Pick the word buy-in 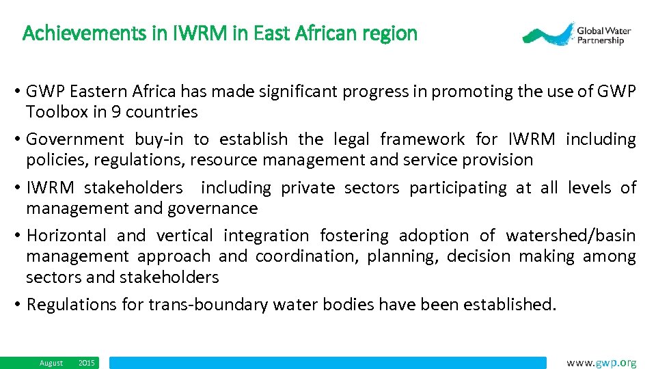pos(159,140)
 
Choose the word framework pos(422,140)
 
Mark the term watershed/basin pos(571,236)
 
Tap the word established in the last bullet pos(509,305)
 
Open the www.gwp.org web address pos(601,363)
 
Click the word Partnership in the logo pos(601,40)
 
